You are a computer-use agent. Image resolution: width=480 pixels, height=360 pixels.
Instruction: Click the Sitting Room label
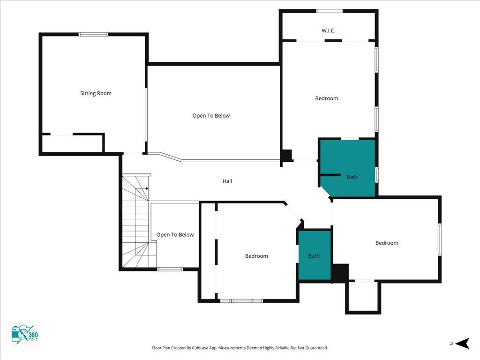(x=96, y=93)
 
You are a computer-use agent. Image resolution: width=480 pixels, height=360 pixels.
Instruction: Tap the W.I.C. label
(x=329, y=30)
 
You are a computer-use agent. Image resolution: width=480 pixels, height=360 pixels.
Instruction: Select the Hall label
(x=227, y=181)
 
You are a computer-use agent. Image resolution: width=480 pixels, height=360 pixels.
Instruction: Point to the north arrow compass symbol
(x=462, y=343)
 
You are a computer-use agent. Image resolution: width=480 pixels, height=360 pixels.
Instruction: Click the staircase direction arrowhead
(x=147, y=188)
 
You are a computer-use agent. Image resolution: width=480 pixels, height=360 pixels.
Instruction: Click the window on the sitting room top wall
(x=93, y=34)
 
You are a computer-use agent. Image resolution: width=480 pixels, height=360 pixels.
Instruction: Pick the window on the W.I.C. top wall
(x=330, y=11)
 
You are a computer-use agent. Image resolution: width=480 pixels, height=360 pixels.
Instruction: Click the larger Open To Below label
(x=211, y=116)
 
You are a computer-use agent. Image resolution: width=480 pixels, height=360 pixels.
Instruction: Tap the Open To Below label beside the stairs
(x=175, y=235)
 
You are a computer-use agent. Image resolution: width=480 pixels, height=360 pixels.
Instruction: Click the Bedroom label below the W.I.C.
(x=327, y=98)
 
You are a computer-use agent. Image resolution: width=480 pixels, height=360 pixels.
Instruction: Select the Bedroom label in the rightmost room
(x=387, y=243)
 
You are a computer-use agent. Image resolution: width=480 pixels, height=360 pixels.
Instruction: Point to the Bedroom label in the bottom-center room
(x=256, y=256)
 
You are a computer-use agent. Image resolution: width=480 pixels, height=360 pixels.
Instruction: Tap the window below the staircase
(x=170, y=270)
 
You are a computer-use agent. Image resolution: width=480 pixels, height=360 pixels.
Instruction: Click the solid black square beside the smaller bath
(x=340, y=273)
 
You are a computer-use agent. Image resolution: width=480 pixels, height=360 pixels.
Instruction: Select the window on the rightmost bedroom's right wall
(x=440, y=239)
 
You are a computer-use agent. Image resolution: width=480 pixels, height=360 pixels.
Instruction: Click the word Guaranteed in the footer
(x=318, y=348)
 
